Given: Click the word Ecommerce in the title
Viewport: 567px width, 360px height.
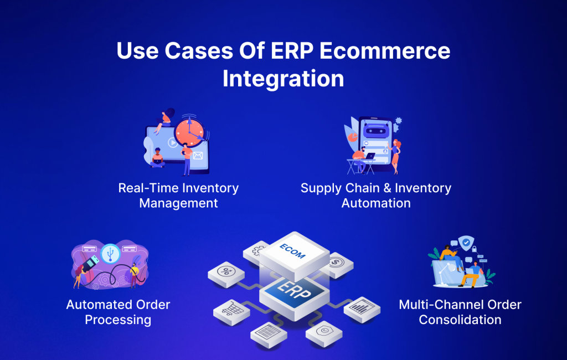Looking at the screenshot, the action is [x=385, y=50].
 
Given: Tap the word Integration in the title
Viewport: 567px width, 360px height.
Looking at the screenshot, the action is [x=283, y=79].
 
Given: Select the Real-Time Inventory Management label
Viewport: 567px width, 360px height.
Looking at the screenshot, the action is [x=178, y=196].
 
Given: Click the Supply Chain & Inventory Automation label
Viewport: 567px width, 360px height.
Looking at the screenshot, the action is [x=376, y=196].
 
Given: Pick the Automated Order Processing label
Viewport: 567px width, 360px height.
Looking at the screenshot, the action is [x=118, y=312].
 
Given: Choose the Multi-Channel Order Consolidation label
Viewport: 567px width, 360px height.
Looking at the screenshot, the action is [x=460, y=312].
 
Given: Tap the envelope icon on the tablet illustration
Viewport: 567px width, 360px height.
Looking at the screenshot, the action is [x=198, y=156].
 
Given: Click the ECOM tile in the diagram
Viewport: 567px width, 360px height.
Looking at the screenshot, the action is [x=293, y=253].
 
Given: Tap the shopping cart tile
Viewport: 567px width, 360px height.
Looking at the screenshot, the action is [x=232, y=311].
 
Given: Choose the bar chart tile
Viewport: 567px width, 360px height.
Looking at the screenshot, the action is [x=362, y=308].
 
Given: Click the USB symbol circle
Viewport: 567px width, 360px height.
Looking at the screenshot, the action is [x=110, y=254].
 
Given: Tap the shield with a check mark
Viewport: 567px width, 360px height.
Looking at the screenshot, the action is [x=466, y=243].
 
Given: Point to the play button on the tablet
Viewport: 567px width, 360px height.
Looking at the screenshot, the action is [x=173, y=142].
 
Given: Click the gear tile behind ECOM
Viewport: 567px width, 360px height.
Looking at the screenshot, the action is [x=256, y=251].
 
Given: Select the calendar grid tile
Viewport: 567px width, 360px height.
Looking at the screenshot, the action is [x=269, y=333].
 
